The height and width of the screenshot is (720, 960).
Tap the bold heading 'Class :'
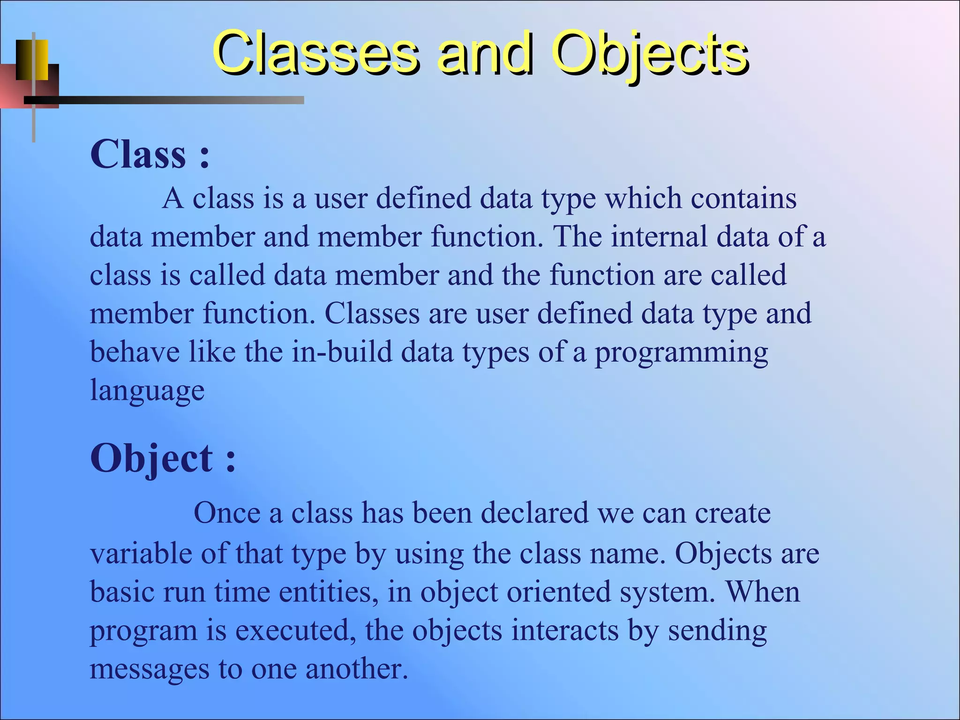click(150, 154)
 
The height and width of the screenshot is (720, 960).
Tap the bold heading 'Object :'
click(163, 458)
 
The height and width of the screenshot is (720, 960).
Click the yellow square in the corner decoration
click(33, 60)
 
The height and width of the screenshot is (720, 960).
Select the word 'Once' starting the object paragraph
click(227, 513)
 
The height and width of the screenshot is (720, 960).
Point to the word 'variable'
click(141, 554)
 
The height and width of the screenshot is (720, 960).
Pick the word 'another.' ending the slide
click(357, 669)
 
